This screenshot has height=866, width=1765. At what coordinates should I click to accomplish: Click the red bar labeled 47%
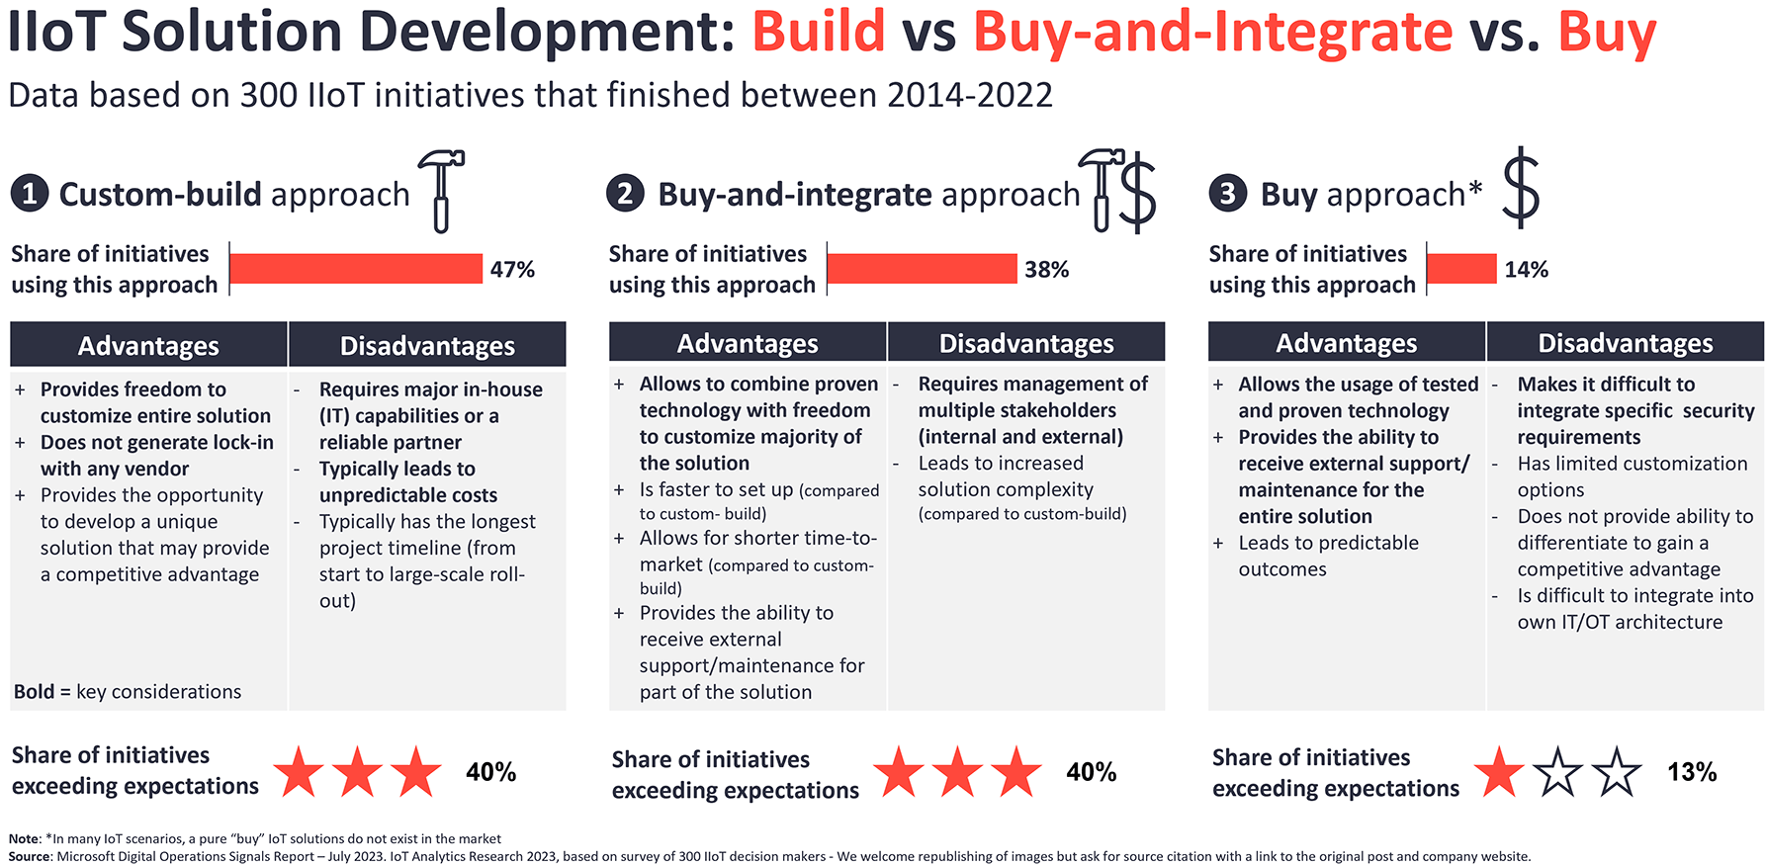pyautogui.click(x=356, y=269)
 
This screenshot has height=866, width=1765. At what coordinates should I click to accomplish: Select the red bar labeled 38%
pyautogui.click(x=923, y=269)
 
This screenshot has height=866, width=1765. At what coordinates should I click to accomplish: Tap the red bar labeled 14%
pyautogui.click(x=1462, y=269)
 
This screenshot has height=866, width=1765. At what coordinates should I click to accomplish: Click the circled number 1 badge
pyautogui.click(x=30, y=193)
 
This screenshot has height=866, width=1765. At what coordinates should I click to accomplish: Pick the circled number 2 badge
pyautogui.click(x=625, y=192)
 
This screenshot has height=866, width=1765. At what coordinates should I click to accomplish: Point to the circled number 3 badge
pyautogui.click(x=1227, y=193)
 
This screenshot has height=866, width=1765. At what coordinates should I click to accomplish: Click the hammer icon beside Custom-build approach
pyautogui.click(x=441, y=191)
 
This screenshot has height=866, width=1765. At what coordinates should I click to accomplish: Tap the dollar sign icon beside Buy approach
pyautogui.click(x=1521, y=188)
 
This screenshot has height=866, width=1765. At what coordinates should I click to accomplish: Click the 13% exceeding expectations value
pyautogui.click(x=1692, y=772)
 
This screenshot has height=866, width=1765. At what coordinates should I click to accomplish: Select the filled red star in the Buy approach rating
pyautogui.click(x=1499, y=772)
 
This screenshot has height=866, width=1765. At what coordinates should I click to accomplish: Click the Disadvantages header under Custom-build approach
pyautogui.click(x=427, y=345)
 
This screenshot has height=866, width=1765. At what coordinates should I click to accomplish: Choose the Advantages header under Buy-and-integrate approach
pyautogui.click(x=748, y=343)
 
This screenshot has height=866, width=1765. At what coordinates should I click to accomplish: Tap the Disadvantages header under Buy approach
pyautogui.click(x=1626, y=343)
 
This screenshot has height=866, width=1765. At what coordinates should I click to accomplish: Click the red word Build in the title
pyautogui.click(x=819, y=31)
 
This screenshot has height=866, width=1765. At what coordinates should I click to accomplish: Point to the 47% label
pyautogui.click(x=512, y=269)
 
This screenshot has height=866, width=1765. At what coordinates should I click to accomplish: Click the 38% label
pyautogui.click(x=1047, y=269)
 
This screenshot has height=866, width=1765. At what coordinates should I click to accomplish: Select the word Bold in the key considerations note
pyautogui.click(x=35, y=691)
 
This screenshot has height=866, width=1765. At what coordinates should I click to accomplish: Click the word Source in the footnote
pyautogui.click(x=29, y=856)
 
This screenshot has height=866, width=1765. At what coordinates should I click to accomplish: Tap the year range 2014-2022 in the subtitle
pyautogui.click(x=970, y=95)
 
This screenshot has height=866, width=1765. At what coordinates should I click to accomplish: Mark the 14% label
pyautogui.click(x=1527, y=269)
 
